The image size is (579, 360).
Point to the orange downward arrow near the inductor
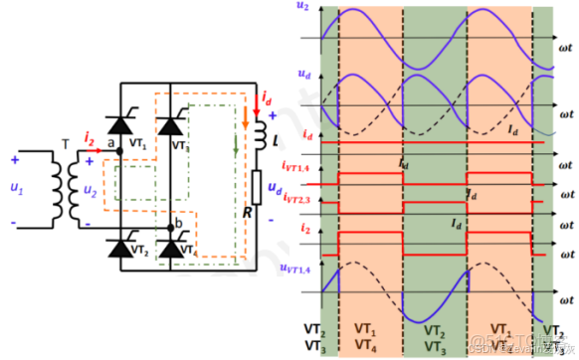coord(246,116)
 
